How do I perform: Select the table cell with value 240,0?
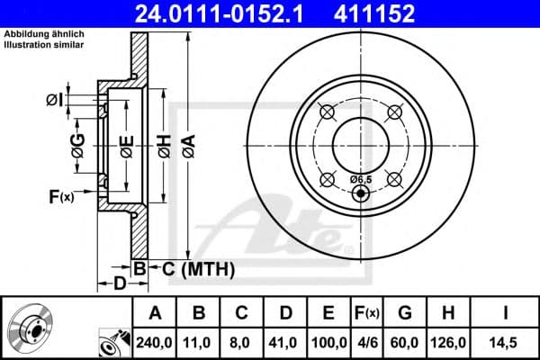pos(154,343)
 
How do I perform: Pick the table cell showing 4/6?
pos(366,343)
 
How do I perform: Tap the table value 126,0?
pos(448,343)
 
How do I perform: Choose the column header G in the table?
pos(405,313)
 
